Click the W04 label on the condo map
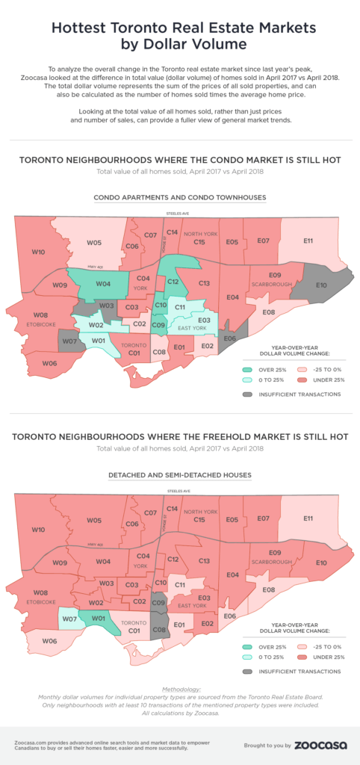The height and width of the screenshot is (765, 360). (x=104, y=284)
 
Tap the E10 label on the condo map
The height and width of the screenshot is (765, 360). (x=322, y=285)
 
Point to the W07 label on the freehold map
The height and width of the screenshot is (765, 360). (x=69, y=619)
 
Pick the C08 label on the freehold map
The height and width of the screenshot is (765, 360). (x=158, y=630)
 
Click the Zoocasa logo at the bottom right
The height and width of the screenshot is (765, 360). (x=319, y=744)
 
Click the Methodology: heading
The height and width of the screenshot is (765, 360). (x=179, y=687)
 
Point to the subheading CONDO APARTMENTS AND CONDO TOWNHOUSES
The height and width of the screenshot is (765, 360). (x=179, y=197)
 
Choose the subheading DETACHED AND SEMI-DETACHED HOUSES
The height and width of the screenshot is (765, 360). (x=179, y=475)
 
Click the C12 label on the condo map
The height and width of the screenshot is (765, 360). (x=173, y=282)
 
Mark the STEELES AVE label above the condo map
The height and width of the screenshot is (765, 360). (x=179, y=214)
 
